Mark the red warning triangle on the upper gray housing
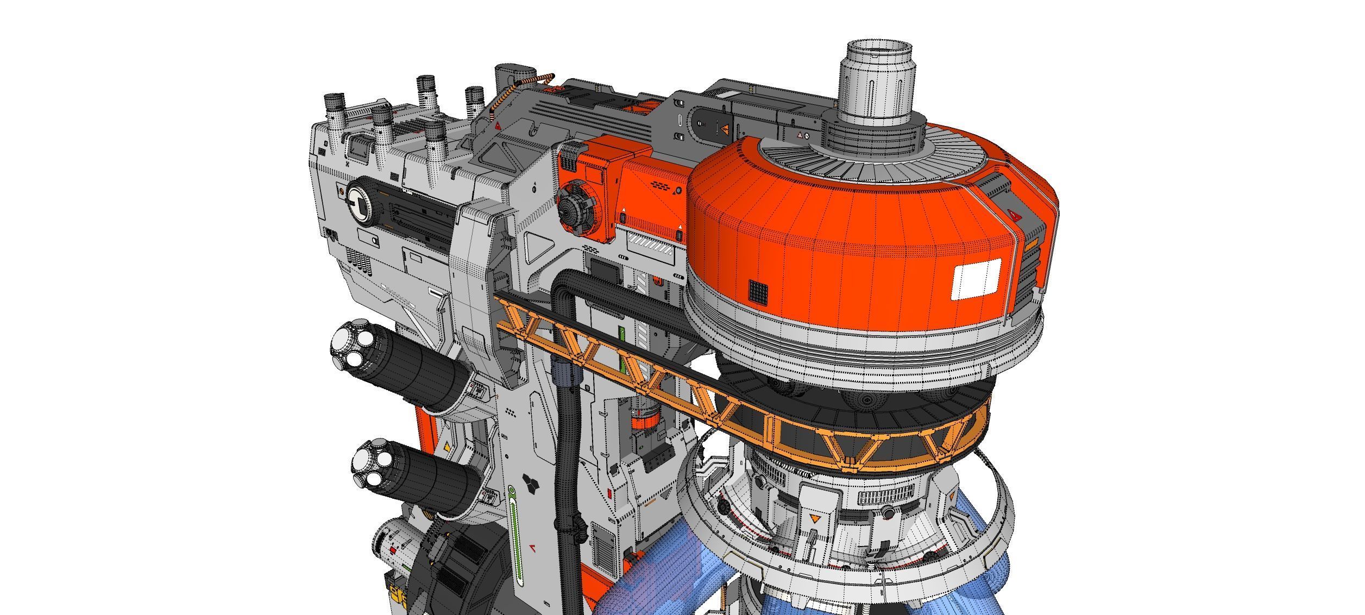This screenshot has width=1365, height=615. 498,125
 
